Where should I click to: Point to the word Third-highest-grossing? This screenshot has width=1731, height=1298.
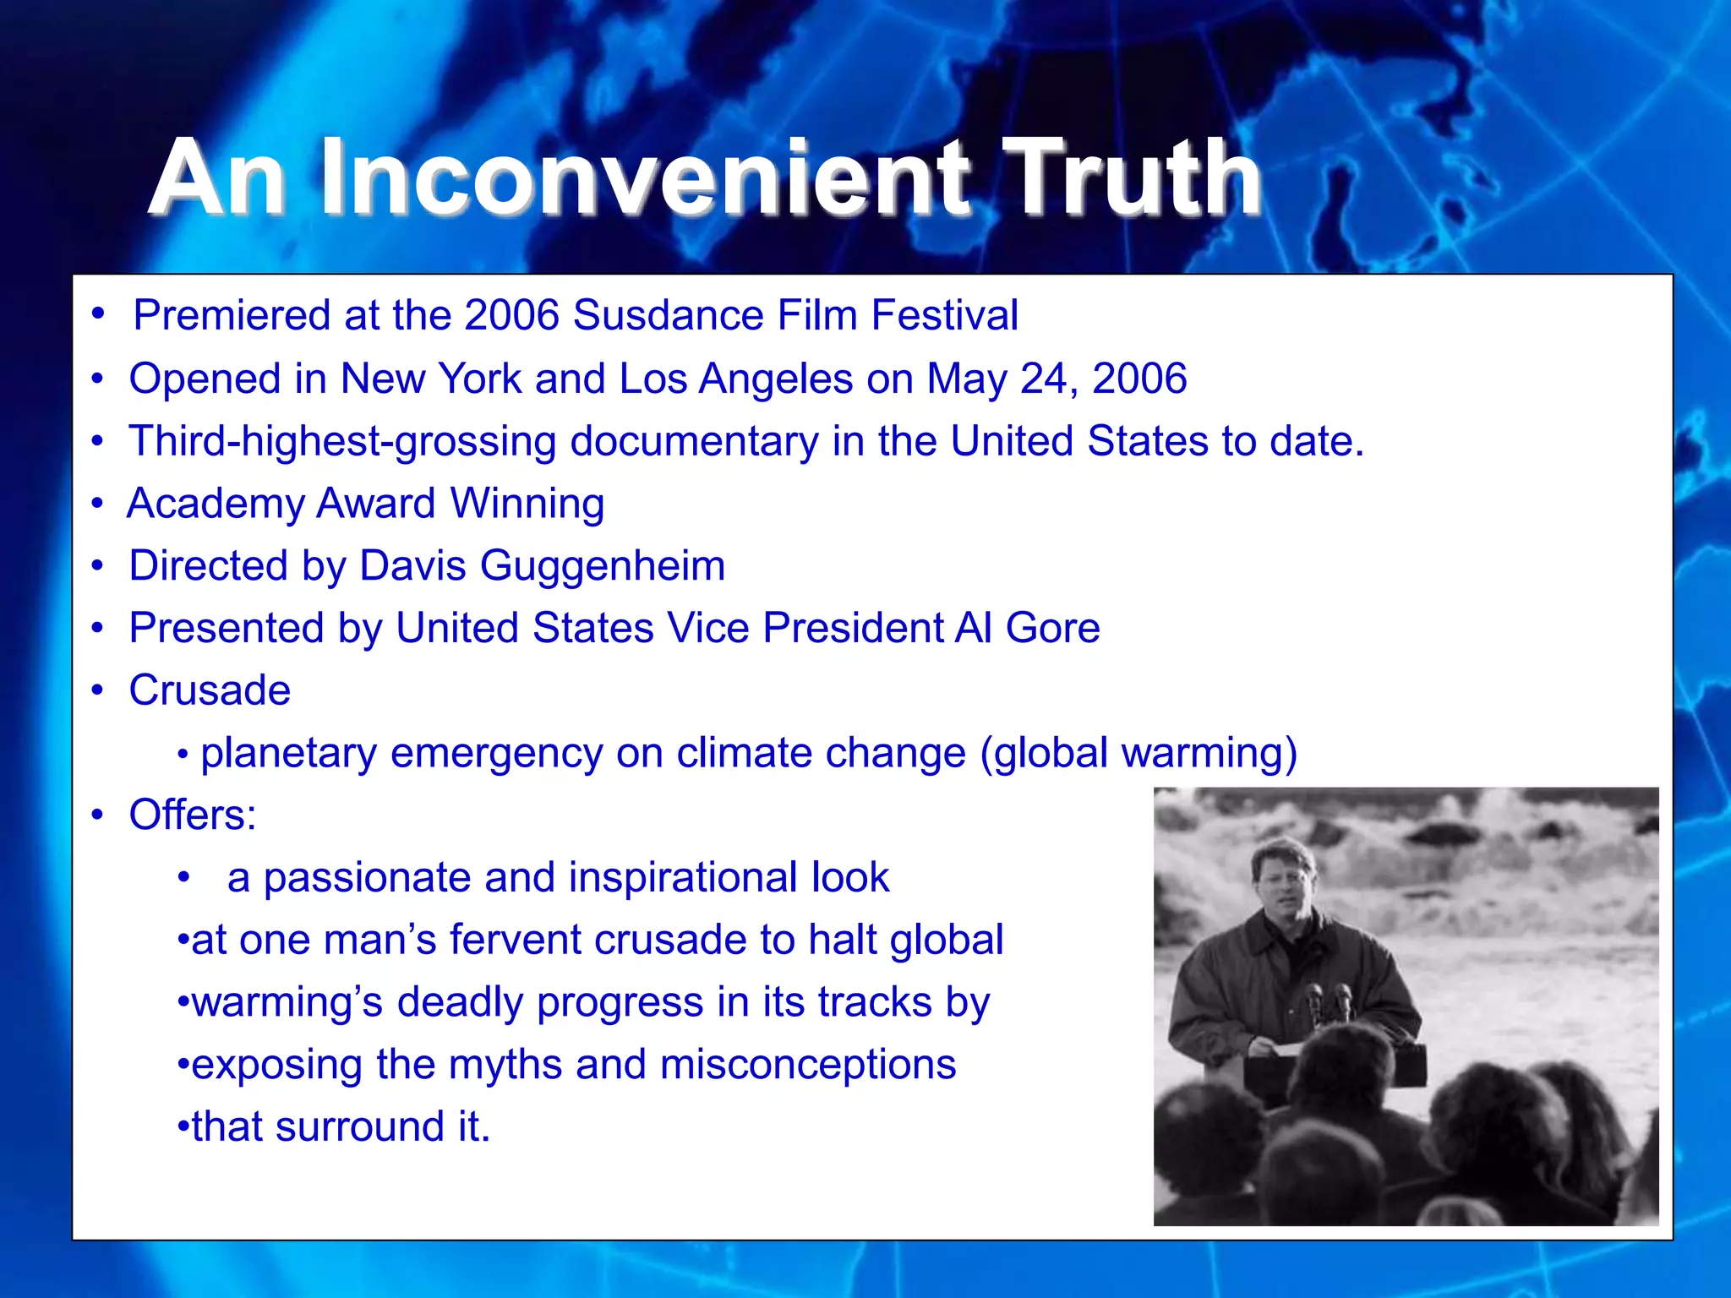341,442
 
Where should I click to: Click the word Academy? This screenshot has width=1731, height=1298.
215,504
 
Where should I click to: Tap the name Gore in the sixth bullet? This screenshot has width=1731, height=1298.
1052,629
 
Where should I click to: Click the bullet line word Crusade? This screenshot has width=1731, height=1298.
210,690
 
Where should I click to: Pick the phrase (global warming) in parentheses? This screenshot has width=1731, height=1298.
1138,753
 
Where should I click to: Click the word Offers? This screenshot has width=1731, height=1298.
192,815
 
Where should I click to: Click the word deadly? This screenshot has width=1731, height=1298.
460,1002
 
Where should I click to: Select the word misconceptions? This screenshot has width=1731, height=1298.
807,1065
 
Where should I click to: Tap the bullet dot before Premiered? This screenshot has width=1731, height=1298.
99,314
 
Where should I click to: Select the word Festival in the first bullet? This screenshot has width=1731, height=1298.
944,316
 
